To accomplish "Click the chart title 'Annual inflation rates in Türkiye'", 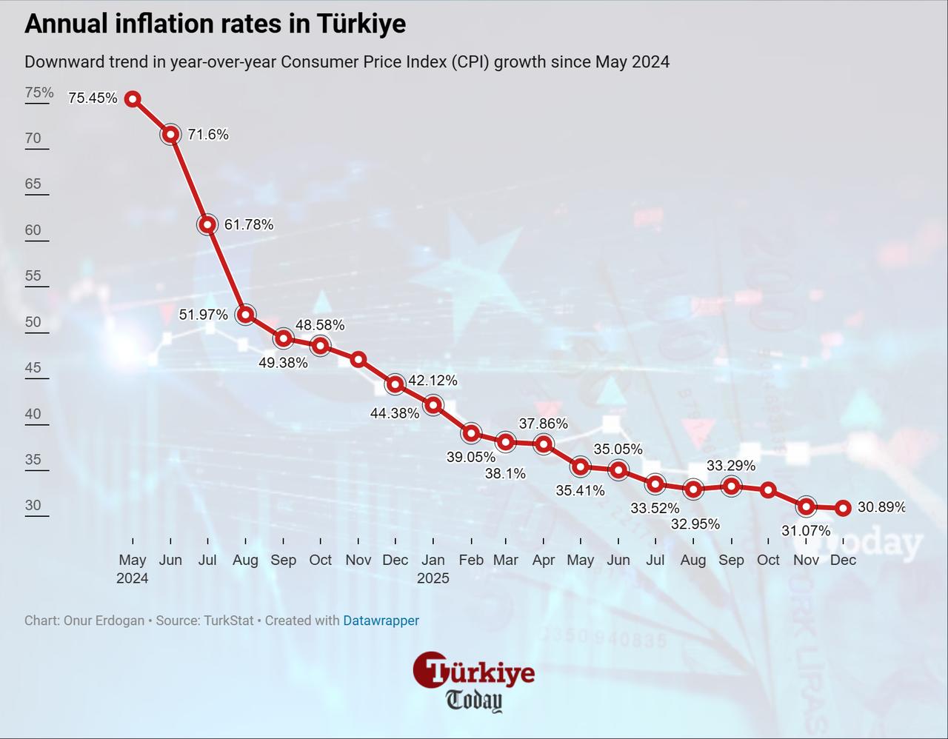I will [215, 24].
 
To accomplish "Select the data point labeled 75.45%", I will [133, 98].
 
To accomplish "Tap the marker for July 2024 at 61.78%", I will [208, 224].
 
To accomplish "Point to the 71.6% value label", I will [208, 134].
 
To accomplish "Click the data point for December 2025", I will [843, 508].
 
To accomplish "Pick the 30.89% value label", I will [881, 507].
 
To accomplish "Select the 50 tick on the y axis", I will [33, 322].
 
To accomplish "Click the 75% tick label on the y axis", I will [39, 93].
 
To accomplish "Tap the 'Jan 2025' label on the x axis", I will [433, 569].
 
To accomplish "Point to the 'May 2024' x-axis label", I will [133, 569].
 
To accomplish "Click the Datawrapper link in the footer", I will [381, 621].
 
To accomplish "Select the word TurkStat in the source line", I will [229, 621].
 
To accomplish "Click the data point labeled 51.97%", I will [245, 315].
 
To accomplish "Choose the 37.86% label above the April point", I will [543, 424].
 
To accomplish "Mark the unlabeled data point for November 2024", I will [358, 359].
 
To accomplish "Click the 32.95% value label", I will [695, 524].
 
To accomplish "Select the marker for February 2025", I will [471, 433].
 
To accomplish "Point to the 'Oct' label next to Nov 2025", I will [768, 560].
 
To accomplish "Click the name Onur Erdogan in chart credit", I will [104, 621].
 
